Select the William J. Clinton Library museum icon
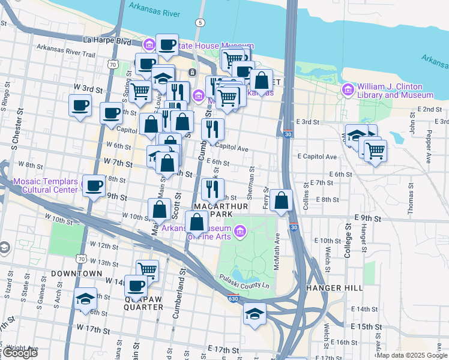click(348, 90)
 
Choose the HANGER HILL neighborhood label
click(335, 288)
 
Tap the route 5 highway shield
click(199, 22)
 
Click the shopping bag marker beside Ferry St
click(281, 200)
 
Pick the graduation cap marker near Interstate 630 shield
click(255, 314)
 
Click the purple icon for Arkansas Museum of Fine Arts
click(240, 231)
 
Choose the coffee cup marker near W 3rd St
click(80, 106)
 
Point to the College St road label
click(347, 240)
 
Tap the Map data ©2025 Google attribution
click(411, 355)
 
